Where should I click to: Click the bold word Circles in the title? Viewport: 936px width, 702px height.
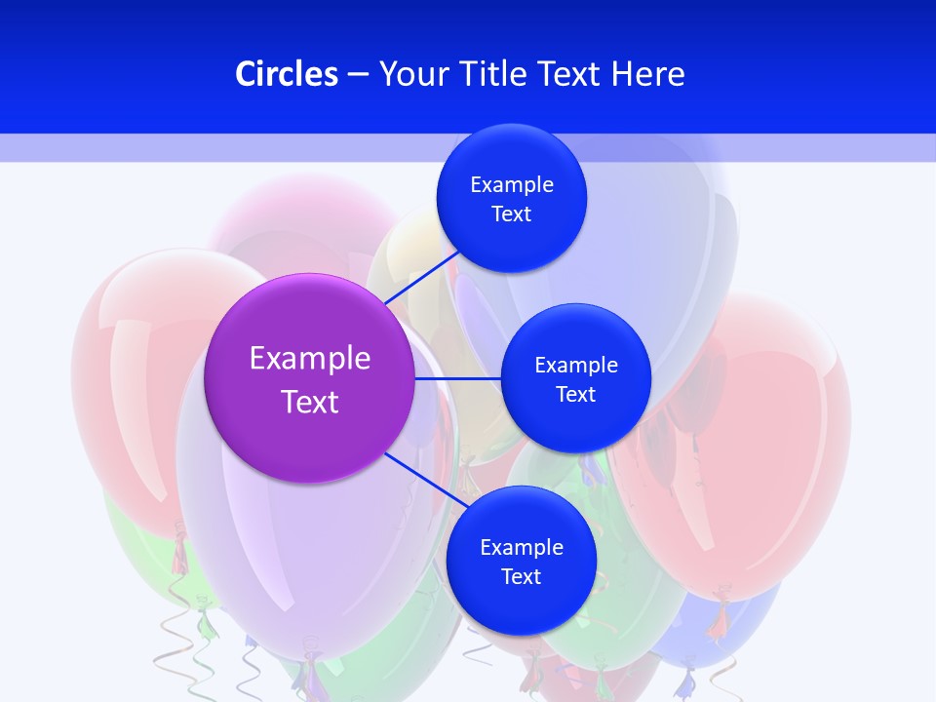[287, 74]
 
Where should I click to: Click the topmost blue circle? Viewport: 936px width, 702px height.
[512, 156]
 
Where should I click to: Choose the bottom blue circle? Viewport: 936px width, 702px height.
[522, 604]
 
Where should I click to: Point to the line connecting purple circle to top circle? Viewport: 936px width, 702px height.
[421, 278]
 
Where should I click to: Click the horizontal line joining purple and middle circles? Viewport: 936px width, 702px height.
[458, 378]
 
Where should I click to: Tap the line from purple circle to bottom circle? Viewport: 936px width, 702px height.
[421, 478]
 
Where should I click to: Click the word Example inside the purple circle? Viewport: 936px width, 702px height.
[310, 358]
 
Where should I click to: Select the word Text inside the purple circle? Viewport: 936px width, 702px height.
[310, 402]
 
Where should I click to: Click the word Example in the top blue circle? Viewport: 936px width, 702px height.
[512, 185]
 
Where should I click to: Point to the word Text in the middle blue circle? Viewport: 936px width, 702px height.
[576, 394]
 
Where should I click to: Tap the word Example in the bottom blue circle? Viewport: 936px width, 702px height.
[522, 547]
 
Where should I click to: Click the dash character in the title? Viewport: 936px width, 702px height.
[358, 74]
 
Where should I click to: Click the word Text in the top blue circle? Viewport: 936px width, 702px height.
[512, 214]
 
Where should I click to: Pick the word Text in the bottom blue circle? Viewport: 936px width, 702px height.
[522, 576]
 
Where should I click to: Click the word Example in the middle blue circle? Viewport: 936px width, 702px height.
[576, 365]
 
